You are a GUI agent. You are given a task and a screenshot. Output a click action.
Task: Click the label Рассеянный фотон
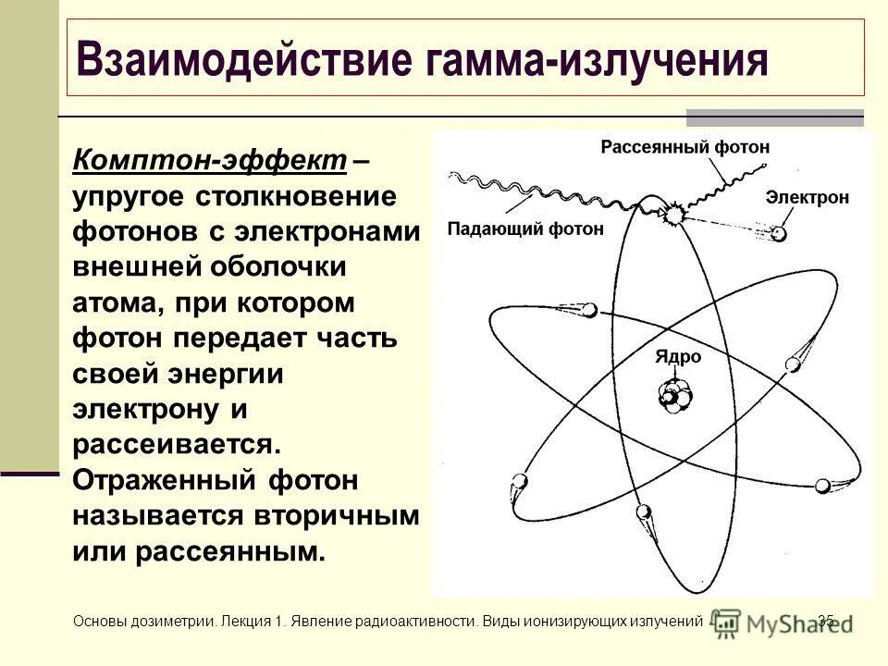coord(684,147)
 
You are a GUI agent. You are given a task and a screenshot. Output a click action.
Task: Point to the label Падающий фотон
coord(525,228)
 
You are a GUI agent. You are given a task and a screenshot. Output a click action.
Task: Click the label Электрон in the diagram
coord(808,197)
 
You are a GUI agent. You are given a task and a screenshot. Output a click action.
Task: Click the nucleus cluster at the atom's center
coord(675,393)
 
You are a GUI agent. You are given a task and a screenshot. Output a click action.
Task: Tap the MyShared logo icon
coord(727,623)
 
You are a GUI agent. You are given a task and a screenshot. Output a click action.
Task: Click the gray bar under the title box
coord(774,117)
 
